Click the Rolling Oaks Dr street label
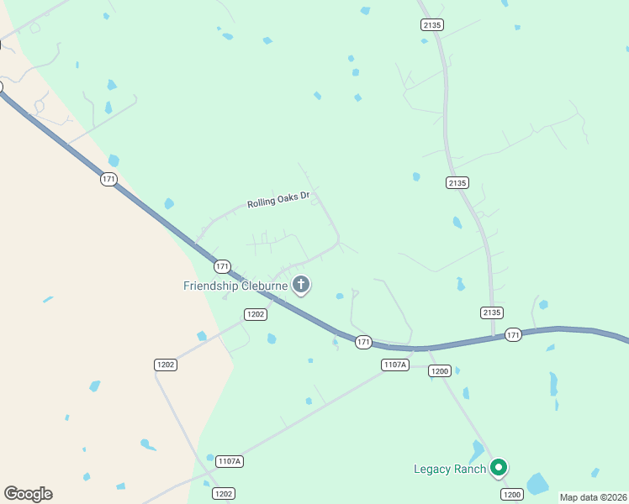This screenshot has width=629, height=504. coord(279,201)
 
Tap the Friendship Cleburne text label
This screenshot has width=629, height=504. coord(235,286)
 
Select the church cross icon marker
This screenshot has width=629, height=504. coord(301,285)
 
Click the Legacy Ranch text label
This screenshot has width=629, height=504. coord(450,469)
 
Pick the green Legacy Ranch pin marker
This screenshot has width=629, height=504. coord(499,467)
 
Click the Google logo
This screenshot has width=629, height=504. coord(28,493)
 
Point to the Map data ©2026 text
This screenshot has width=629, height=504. coord(593,497)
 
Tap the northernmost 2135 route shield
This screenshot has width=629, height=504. coord(432,25)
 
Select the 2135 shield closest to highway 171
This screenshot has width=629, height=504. coord(492,312)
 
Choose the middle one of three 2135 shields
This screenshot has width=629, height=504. coord(457,182)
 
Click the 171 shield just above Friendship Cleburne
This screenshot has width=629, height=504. coord(222,266)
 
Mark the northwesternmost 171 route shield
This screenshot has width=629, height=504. coord(108,180)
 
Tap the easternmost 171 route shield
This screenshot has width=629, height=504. coord(514,335)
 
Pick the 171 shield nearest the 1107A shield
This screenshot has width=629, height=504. coord(363,342)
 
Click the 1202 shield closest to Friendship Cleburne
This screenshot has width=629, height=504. coord(256,314)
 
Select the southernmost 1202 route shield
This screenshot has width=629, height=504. coord(222,494)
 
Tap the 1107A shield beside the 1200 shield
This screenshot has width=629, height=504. coord(394,365)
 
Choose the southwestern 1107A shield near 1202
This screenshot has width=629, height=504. coord(229,461)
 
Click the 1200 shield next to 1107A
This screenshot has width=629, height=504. coord(440,370)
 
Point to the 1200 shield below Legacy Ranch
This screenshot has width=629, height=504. coord(512,494)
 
